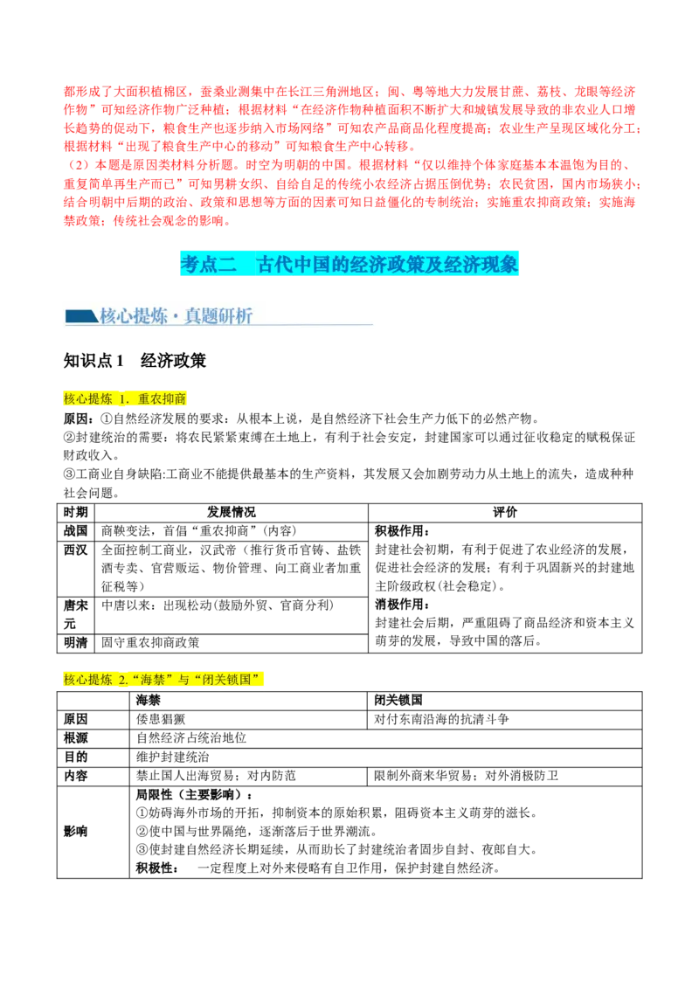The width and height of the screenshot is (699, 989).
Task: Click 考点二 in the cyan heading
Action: pos(208,263)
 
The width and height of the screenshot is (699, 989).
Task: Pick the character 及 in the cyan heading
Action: pos(435,263)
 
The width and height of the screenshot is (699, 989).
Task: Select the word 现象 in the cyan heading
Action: pos(501,263)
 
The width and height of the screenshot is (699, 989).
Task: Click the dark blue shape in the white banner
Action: pos(81,315)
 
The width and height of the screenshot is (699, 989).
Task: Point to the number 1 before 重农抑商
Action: pos(122,399)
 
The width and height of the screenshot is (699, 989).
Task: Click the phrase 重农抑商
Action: pos(163,399)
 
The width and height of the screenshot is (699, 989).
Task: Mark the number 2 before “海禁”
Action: pos(122,679)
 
